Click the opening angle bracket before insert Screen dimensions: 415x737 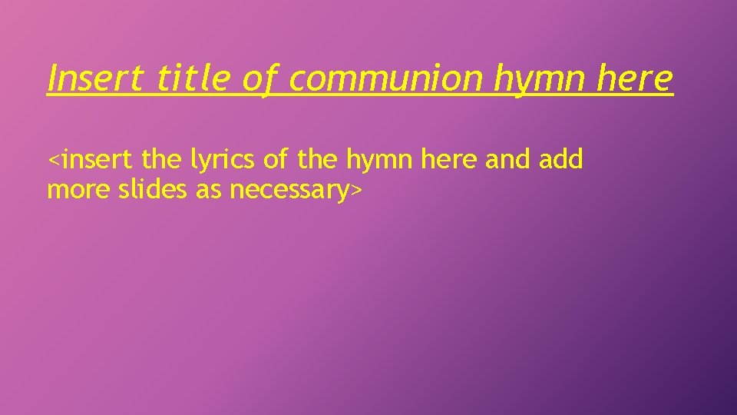53,161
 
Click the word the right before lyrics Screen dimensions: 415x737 162,160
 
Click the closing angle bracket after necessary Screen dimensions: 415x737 355,190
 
